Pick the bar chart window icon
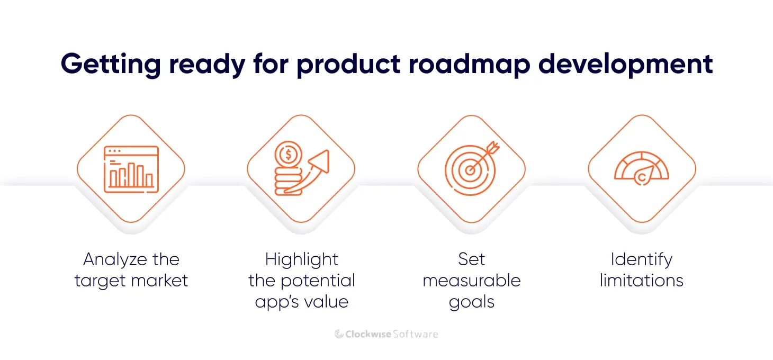pos(131,168)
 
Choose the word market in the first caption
pos(162,281)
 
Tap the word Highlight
pos(301,259)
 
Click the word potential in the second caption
pos(319,281)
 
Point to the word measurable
pos(471,281)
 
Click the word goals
pos(471,302)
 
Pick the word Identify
pos(641,259)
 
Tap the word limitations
pos(641,281)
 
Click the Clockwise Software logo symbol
pos(339,334)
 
